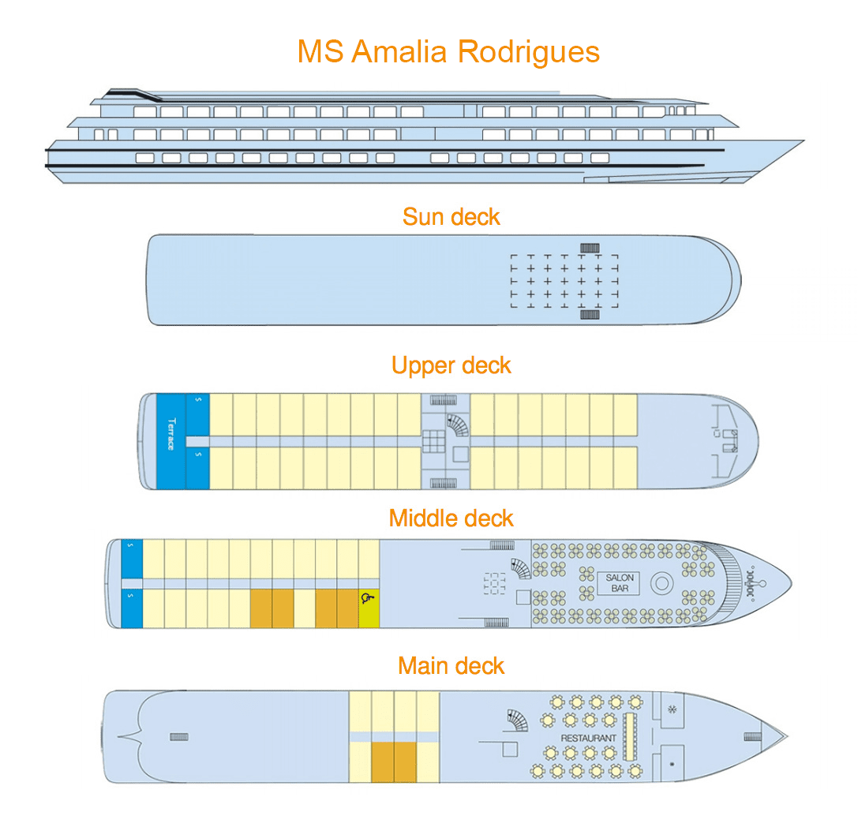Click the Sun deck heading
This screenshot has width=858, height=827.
451,216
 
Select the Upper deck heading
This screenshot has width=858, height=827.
451,365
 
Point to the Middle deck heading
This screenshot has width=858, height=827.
451,518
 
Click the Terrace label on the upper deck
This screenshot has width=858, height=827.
170,434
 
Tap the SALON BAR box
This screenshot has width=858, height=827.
620,583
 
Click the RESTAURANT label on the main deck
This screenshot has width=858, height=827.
588,738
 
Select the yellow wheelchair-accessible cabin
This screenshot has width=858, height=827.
369,608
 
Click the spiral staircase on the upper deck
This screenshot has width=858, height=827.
459,425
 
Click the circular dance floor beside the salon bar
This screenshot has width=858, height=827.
660,583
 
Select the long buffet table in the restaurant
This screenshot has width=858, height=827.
630,737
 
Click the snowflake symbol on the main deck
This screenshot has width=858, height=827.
673,709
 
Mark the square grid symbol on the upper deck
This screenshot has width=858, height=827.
433,441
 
